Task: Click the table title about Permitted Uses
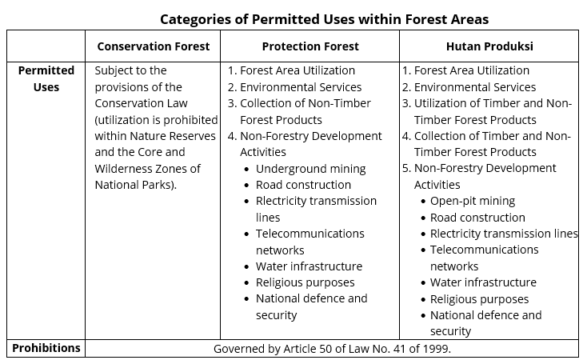tap(324, 19)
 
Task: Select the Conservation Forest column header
tap(154, 46)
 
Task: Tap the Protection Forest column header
tap(310, 46)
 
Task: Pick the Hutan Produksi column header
tap(489, 46)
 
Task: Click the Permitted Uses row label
tap(46, 78)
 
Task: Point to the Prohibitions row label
tap(46, 348)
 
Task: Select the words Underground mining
tap(311, 169)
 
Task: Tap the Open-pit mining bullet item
tap(473, 201)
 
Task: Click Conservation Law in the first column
tap(142, 103)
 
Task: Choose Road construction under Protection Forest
tap(303, 185)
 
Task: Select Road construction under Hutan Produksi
tap(477, 218)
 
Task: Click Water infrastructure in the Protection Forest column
tap(309, 266)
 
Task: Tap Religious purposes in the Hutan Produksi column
tap(479, 299)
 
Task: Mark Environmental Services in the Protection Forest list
tap(301, 87)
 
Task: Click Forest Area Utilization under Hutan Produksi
tap(472, 70)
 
